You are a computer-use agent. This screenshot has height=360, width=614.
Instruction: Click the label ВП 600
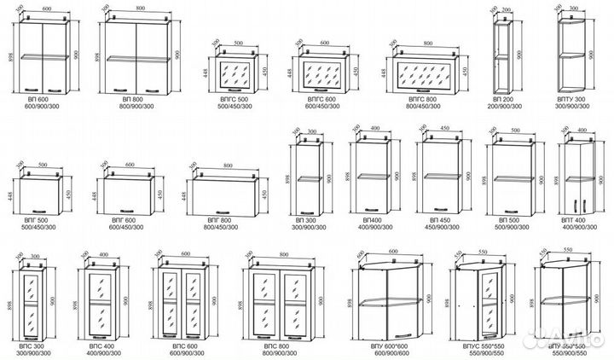35,99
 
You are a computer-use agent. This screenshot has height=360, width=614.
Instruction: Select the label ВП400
369,221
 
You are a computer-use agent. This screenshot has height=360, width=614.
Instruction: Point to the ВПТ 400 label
579,221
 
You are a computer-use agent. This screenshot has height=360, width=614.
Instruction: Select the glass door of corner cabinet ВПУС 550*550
489,303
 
